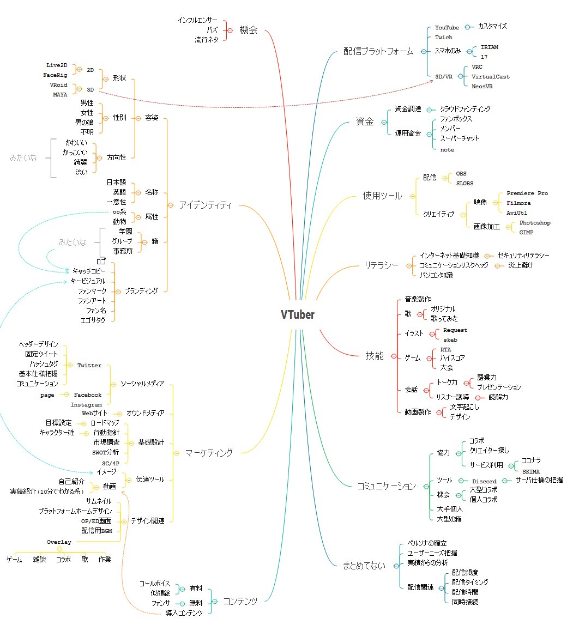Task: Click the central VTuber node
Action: (x=298, y=314)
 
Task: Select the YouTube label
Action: (x=447, y=27)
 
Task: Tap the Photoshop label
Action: (x=535, y=223)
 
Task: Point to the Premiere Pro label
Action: (x=527, y=193)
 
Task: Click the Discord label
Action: (x=484, y=481)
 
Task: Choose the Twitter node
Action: (x=89, y=365)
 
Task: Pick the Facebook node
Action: (x=88, y=395)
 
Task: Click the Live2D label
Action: (x=57, y=65)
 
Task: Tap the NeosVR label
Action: (x=482, y=86)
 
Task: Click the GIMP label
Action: (x=526, y=233)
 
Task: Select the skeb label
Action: (x=450, y=339)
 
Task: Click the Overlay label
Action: (x=59, y=542)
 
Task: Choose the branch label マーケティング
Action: (x=209, y=452)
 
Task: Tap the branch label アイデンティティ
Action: (x=205, y=205)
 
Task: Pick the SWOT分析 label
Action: (x=101, y=452)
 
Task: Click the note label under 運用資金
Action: (x=447, y=149)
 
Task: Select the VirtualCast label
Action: (x=491, y=76)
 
